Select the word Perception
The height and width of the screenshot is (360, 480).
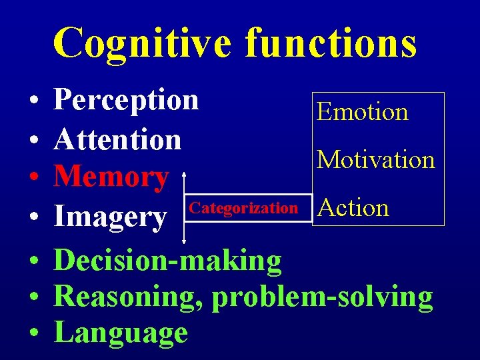pos(126,100)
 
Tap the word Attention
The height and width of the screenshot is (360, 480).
pos(118,139)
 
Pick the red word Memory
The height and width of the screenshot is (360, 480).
pos(111,177)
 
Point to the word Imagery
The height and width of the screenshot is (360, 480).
pos(110,217)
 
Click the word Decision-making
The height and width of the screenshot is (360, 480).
pos(168,261)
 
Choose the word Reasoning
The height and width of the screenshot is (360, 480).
pos(129,297)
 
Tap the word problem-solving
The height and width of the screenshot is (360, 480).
pos(323,297)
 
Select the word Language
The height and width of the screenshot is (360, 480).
pos(121,332)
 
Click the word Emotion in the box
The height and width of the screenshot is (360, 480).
pos(363,111)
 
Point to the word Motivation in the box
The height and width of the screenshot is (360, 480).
pos(376,159)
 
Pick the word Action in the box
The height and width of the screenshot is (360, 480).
pos(353,207)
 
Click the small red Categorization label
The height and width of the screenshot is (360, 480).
pos(243,208)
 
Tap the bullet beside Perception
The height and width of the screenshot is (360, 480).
pos(33,102)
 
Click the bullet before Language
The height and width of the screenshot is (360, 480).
pos(33,334)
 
